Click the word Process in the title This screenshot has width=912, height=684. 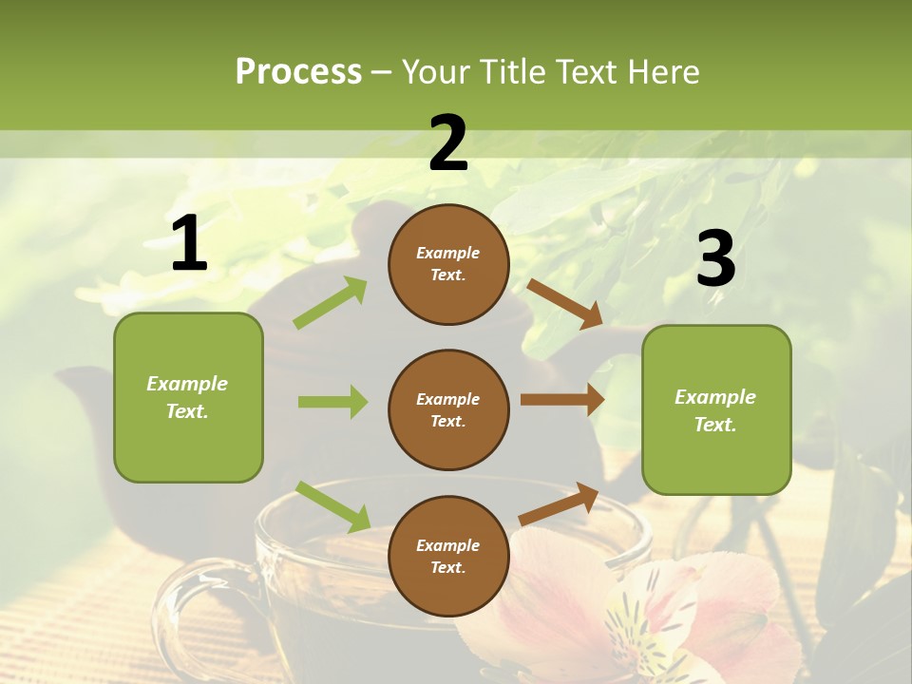pos(298,71)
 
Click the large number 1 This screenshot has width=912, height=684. pos(189,245)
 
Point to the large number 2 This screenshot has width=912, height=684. pos(448,144)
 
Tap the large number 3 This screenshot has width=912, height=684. pos(716,259)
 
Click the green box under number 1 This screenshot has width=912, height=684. pos(188,397)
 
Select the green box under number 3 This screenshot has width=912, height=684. pos(716,410)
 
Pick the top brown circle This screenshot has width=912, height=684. pos(448,264)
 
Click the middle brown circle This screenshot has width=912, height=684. pos(448,409)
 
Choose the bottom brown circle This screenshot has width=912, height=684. pos(448,556)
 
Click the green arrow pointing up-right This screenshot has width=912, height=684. pos(331,303)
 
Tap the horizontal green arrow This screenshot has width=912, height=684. pos(332,402)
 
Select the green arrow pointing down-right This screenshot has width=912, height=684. pos(332,505)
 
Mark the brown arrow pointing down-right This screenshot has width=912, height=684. pos(565,303)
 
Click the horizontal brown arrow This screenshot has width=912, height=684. pos(562,400)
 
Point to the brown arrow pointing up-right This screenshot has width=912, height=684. pos(560,503)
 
